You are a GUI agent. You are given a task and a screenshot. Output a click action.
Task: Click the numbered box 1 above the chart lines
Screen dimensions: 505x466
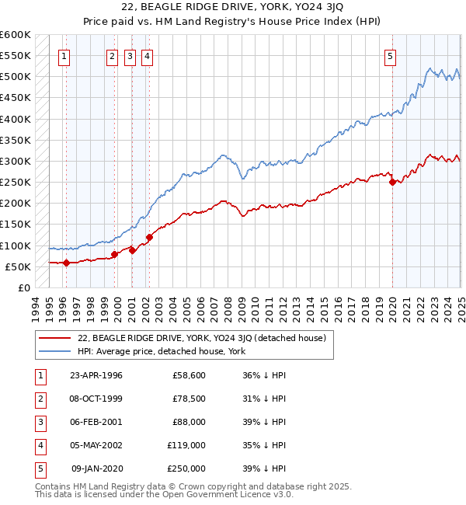(x=64, y=55)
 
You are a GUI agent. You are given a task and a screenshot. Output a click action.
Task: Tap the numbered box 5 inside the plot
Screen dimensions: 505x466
(x=390, y=55)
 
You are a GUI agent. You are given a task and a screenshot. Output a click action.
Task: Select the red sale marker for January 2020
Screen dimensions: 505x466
(x=392, y=183)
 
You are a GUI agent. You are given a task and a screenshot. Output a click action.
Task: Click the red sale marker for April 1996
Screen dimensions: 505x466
(x=66, y=263)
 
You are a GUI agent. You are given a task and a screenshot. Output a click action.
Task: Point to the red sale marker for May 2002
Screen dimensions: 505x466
(x=149, y=237)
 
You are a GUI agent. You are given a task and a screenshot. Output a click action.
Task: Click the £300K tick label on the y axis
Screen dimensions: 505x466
(x=15, y=162)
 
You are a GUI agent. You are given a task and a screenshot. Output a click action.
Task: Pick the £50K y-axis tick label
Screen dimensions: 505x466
(x=18, y=266)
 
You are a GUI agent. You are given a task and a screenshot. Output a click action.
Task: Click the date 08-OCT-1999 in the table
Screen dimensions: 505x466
(x=96, y=398)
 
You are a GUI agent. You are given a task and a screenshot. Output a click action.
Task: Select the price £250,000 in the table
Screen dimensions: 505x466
(x=186, y=468)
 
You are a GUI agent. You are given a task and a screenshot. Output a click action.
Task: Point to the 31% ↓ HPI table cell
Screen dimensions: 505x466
(x=265, y=398)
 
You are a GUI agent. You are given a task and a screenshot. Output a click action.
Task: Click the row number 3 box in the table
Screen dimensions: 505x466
(x=40, y=422)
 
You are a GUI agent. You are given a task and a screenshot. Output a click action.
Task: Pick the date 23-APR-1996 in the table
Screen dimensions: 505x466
(x=96, y=374)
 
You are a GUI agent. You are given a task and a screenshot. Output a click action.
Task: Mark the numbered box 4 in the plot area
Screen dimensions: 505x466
(x=147, y=55)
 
